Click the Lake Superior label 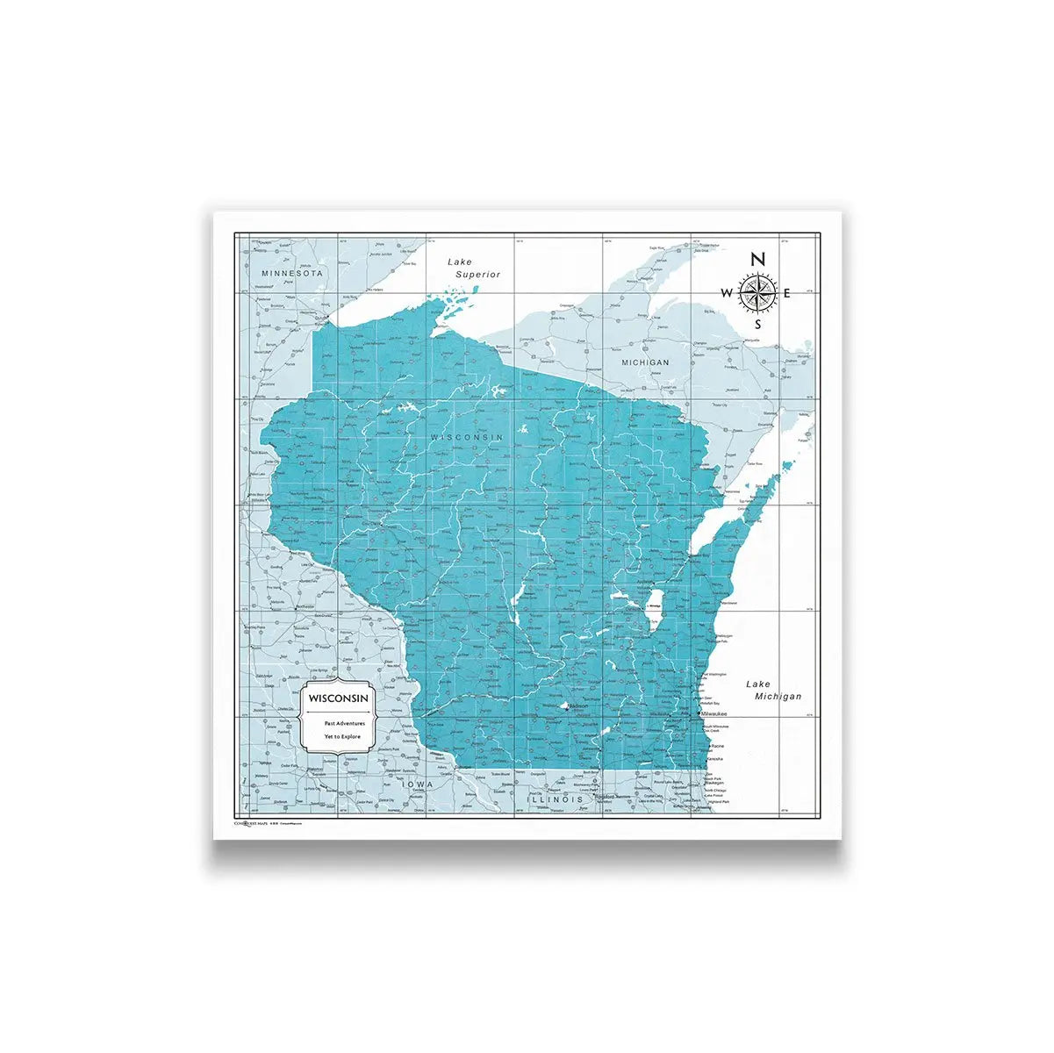(x=472, y=268)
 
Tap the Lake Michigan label (x=773, y=690)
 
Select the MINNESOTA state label (x=292, y=274)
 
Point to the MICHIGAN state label (x=645, y=362)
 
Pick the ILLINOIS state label (x=555, y=800)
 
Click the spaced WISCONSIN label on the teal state (x=466, y=436)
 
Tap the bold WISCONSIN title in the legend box (x=338, y=698)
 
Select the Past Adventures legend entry (x=343, y=723)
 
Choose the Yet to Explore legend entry (x=342, y=736)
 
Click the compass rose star (x=756, y=292)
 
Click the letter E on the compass (x=787, y=293)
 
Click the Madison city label (x=579, y=706)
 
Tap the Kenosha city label (x=715, y=757)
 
